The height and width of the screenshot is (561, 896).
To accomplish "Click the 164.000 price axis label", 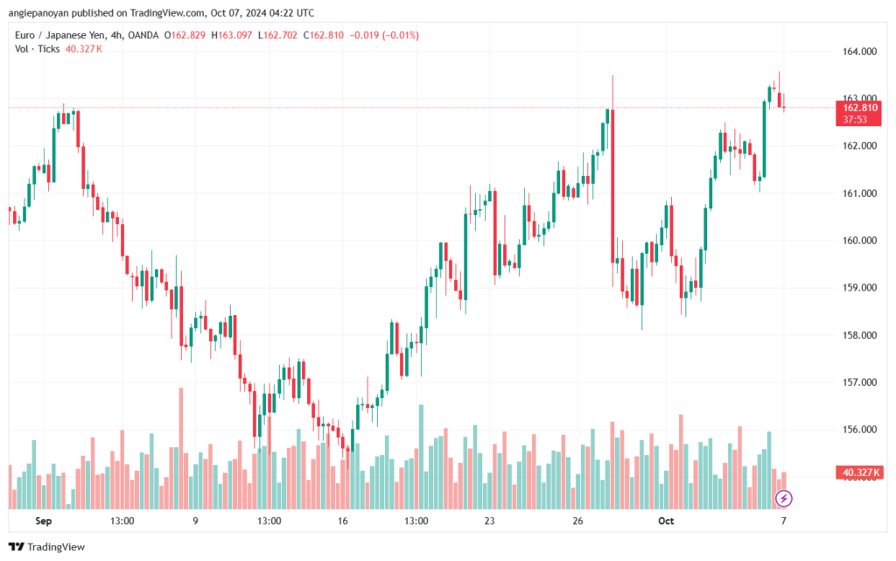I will [858, 52].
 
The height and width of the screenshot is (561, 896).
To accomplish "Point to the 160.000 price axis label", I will [858, 241].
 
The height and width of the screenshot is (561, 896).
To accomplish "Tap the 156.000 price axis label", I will [858, 430].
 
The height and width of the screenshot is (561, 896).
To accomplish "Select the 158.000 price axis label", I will [858, 335].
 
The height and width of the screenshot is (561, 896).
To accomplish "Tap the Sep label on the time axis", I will [45, 521].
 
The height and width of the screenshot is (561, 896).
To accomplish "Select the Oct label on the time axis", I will [667, 521].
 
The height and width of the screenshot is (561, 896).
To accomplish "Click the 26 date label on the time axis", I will [578, 521].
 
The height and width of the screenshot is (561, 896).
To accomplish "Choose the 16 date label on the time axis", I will [342, 521].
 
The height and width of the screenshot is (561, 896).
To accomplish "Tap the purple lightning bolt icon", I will [784, 499].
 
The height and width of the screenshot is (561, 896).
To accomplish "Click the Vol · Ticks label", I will [38, 49].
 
